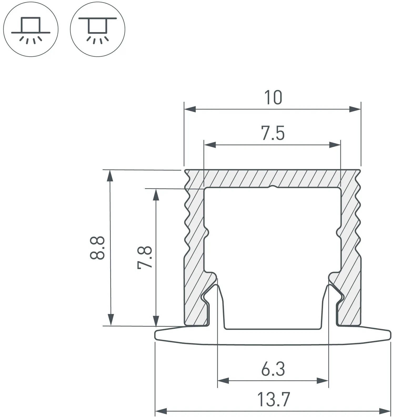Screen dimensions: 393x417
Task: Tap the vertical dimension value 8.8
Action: pyautogui.click(x=97, y=248)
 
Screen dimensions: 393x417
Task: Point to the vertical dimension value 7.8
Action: pyautogui.click(x=145, y=257)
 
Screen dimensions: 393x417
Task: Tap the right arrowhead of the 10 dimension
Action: pyautogui.click(x=355, y=109)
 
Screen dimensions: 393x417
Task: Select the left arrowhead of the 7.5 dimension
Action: pyautogui.click(x=210, y=145)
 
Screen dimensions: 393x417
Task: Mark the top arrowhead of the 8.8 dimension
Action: pyautogui.click(x=111, y=176)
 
